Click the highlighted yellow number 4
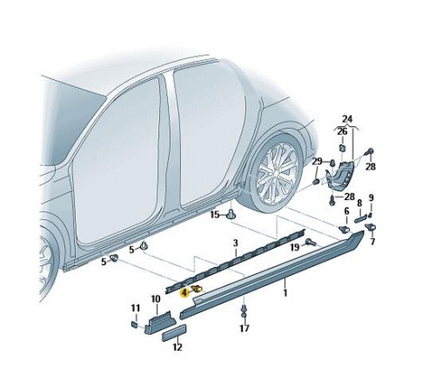[184, 293]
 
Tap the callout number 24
[347, 119]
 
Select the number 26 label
[342, 131]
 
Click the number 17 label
[244, 328]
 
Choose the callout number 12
[177, 347]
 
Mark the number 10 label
[156, 299]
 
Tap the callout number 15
[215, 215]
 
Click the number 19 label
[295, 247]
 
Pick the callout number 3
[236, 243]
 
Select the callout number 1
[285, 292]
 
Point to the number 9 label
[372, 198]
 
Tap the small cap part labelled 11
[135, 324]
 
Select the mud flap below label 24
[341, 176]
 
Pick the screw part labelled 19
[311, 242]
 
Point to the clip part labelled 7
[371, 227]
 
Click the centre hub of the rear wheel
[276, 173]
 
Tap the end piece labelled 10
[159, 322]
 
